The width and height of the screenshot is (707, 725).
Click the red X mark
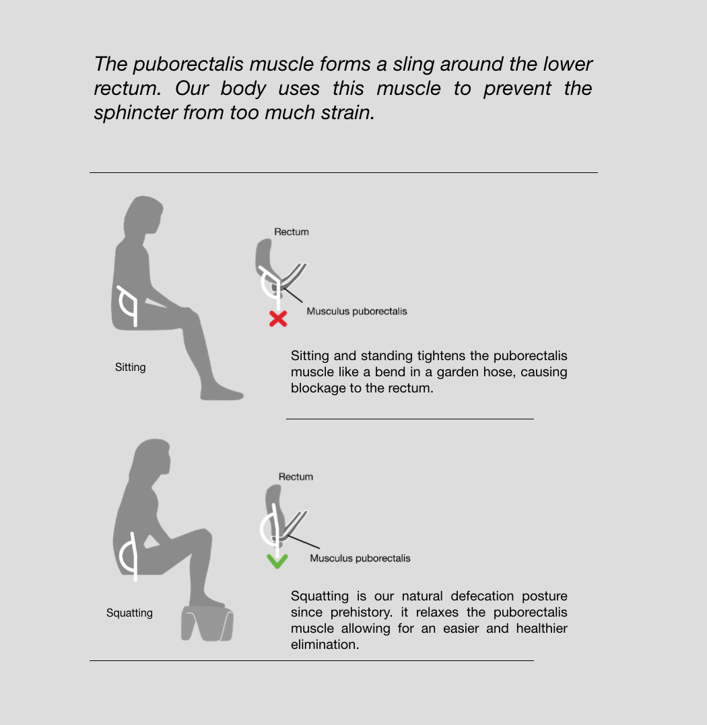[278, 318]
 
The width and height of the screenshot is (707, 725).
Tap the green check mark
[277, 561]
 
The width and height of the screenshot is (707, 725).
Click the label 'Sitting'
[131, 367]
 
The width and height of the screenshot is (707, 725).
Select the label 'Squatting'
[129, 613]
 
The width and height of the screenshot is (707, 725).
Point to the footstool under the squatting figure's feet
[207, 623]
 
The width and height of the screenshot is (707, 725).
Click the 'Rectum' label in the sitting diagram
[292, 232]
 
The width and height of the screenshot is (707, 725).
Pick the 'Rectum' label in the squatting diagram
[296, 477]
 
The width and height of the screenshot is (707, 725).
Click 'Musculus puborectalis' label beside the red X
[356, 311]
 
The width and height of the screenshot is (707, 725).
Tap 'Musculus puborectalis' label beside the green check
[360, 558]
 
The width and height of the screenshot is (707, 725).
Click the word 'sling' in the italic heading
[413, 64]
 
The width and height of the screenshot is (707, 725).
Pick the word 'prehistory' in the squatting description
[361, 612]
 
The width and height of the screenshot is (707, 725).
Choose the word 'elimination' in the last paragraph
[325, 644]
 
